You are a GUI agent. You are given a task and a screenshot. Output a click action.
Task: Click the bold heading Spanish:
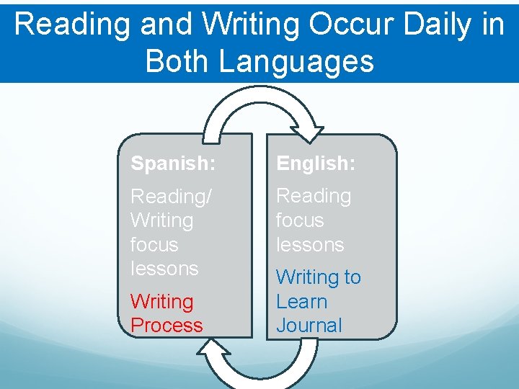pos(172,164)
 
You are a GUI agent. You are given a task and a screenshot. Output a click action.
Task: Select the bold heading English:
pos(316,164)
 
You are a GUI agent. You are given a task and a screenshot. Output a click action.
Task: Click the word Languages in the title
pos(296,61)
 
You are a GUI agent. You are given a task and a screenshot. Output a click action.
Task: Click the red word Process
pos(167,326)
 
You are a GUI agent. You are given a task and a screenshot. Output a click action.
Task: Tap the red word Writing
pos(162,301)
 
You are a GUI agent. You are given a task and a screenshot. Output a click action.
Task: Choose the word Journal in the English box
pos(309,326)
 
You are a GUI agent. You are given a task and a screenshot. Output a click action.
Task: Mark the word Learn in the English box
pos(301,301)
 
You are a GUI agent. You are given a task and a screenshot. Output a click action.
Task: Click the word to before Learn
pos(352,277)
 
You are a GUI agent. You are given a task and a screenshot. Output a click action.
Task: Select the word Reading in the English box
pos(314,196)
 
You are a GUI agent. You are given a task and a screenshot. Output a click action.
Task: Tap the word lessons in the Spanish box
pos(164,269)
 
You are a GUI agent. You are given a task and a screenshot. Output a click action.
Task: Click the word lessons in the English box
pos(310,245)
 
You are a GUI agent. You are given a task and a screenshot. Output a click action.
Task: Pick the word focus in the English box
pos(300,220)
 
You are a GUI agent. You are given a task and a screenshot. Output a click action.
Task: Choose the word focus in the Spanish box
pos(154,245)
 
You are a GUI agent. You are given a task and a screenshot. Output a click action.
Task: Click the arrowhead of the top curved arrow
pos(314,133)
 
